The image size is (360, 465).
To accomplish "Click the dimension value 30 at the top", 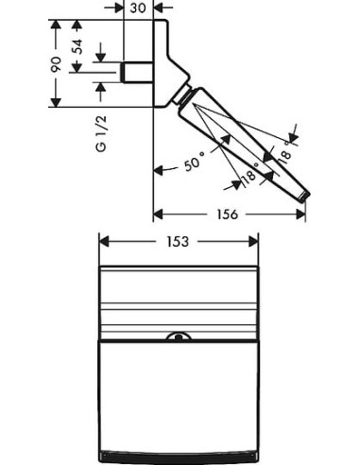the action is click(138, 8).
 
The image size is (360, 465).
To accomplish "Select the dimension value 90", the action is click(56, 64).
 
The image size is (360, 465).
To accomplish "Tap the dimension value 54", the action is click(77, 46).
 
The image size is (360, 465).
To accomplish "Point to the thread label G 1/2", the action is click(101, 134).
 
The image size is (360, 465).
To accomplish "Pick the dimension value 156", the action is click(227, 215).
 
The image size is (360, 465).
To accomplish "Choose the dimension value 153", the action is click(177, 242).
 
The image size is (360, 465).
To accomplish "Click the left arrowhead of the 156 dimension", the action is click(158, 215).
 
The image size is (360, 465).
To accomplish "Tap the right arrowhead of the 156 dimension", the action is click(300, 215).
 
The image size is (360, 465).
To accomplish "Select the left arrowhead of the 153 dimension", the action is click(104, 242).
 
